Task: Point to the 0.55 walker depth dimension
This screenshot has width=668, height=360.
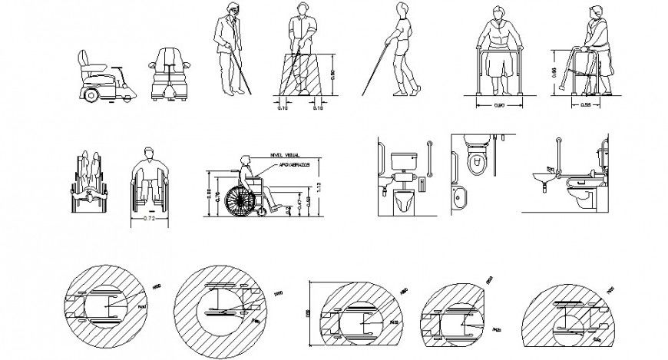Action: (x=585, y=104)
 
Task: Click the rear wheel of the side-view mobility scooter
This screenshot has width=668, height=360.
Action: (x=92, y=94)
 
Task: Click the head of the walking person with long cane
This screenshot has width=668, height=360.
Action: (x=399, y=9)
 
